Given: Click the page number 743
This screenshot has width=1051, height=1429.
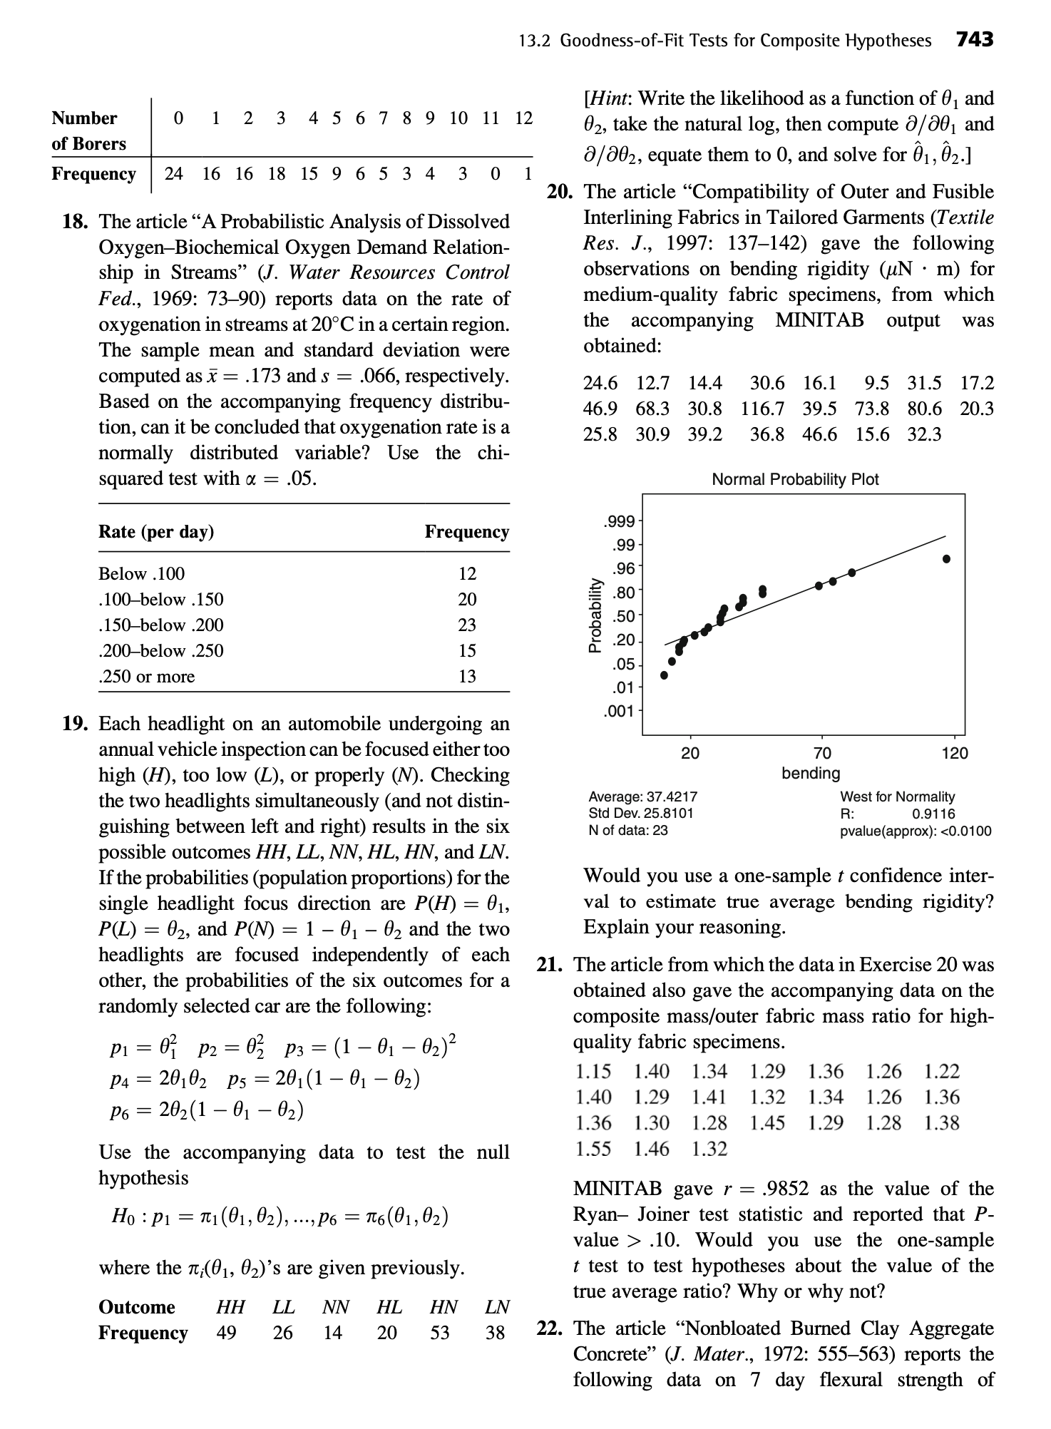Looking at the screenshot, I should (974, 39).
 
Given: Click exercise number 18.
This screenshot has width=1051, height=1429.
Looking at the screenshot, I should (74, 222).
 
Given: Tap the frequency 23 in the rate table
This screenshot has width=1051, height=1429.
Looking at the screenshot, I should (467, 625).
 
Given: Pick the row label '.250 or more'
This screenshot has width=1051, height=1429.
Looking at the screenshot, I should (146, 677).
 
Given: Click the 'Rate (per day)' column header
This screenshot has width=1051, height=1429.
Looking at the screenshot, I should (156, 532).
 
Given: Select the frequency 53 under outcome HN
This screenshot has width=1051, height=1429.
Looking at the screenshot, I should (440, 1333).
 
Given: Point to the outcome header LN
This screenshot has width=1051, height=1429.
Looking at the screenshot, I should (496, 1307).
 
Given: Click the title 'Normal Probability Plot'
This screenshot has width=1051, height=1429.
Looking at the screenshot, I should (795, 480).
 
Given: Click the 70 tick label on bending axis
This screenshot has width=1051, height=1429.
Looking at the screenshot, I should (821, 753).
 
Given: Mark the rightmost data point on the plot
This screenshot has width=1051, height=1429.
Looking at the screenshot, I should (946, 559).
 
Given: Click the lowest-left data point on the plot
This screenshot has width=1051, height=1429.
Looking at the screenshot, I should (665, 675).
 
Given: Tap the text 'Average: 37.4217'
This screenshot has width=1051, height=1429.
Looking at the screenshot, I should (642, 797).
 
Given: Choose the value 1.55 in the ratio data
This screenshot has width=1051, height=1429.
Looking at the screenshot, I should (593, 1149).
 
